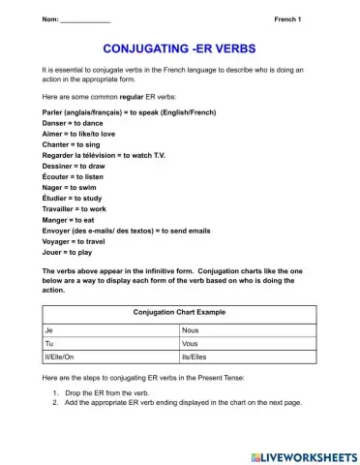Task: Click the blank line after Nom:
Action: pos(85,19)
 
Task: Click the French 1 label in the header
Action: pos(287,19)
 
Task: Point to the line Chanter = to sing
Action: pos(74,146)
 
